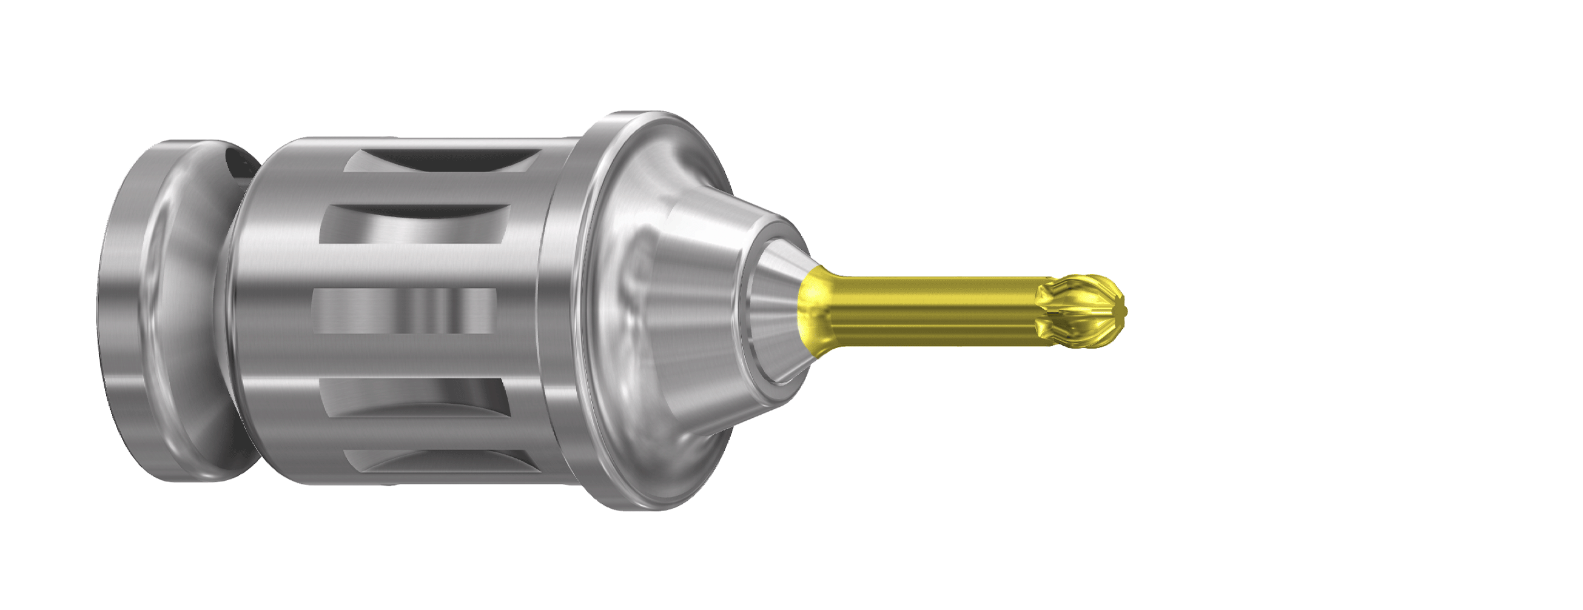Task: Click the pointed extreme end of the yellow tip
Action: click(x=1126, y=311)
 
